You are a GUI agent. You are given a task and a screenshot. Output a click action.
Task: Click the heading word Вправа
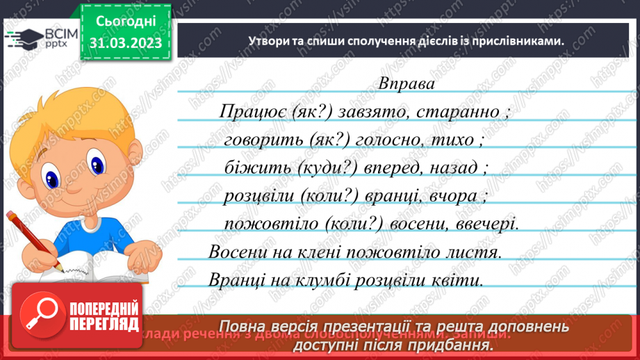(407, 83)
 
